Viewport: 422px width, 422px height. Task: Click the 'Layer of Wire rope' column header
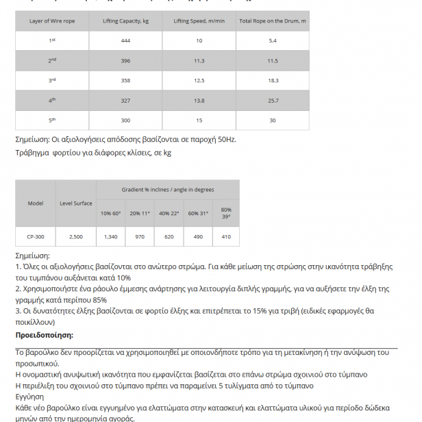click(x=52, y=21)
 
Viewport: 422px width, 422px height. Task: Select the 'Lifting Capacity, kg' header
click(x=125, y=21)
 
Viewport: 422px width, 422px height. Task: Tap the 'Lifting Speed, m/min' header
click(x=199, y=21)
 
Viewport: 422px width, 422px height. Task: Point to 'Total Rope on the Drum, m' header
click(x=273, y=21)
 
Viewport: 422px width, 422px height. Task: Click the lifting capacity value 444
click(x=125, y=40)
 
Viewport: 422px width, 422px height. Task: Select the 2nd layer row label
click(x=52, y=61)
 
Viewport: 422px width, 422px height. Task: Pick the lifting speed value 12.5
click(x=199, y=81)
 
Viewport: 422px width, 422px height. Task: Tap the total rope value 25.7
click(x=273, y=101)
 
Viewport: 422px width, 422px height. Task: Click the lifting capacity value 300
click(x=125, y=121)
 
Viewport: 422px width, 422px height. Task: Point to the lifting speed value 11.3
click(x=199, y=61)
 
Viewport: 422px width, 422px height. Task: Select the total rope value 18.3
click(x=273, y=81)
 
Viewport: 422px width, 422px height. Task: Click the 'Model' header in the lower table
click(x=36, y=203)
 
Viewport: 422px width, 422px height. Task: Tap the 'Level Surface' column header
click(x=76, y=203)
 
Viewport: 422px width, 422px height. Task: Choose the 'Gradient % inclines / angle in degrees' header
click(x=168, y=189)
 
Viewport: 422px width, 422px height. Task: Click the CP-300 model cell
click(x=36, y=236)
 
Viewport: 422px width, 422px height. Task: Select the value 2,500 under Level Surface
click(x=76, y=236)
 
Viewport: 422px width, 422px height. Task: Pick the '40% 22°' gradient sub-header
click(x=169, y=213)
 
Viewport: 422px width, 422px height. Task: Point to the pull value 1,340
click(x=110, y=236)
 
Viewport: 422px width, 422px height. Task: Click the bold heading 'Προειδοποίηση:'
click(x=45, y=335)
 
